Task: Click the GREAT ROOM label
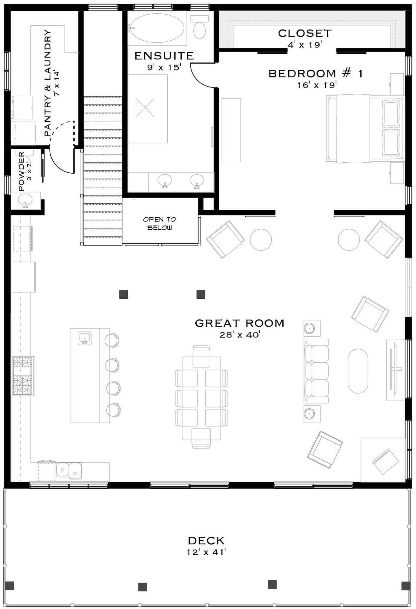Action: (240, 323)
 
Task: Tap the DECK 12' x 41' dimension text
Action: (206, 552)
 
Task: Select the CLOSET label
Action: (305, 33)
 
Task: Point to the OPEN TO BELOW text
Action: (160, 223)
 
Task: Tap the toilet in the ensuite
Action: (199, 29)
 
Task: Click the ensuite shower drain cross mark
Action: (145, 108)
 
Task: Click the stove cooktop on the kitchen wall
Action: (23, 376)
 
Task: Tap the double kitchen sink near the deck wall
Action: (69, 470)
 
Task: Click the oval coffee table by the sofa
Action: (358, 371)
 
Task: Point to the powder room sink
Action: (25, 200)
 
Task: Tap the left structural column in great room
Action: (123, 294)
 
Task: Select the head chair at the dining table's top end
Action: (202, 356)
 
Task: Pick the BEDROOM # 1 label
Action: (315, 74)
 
